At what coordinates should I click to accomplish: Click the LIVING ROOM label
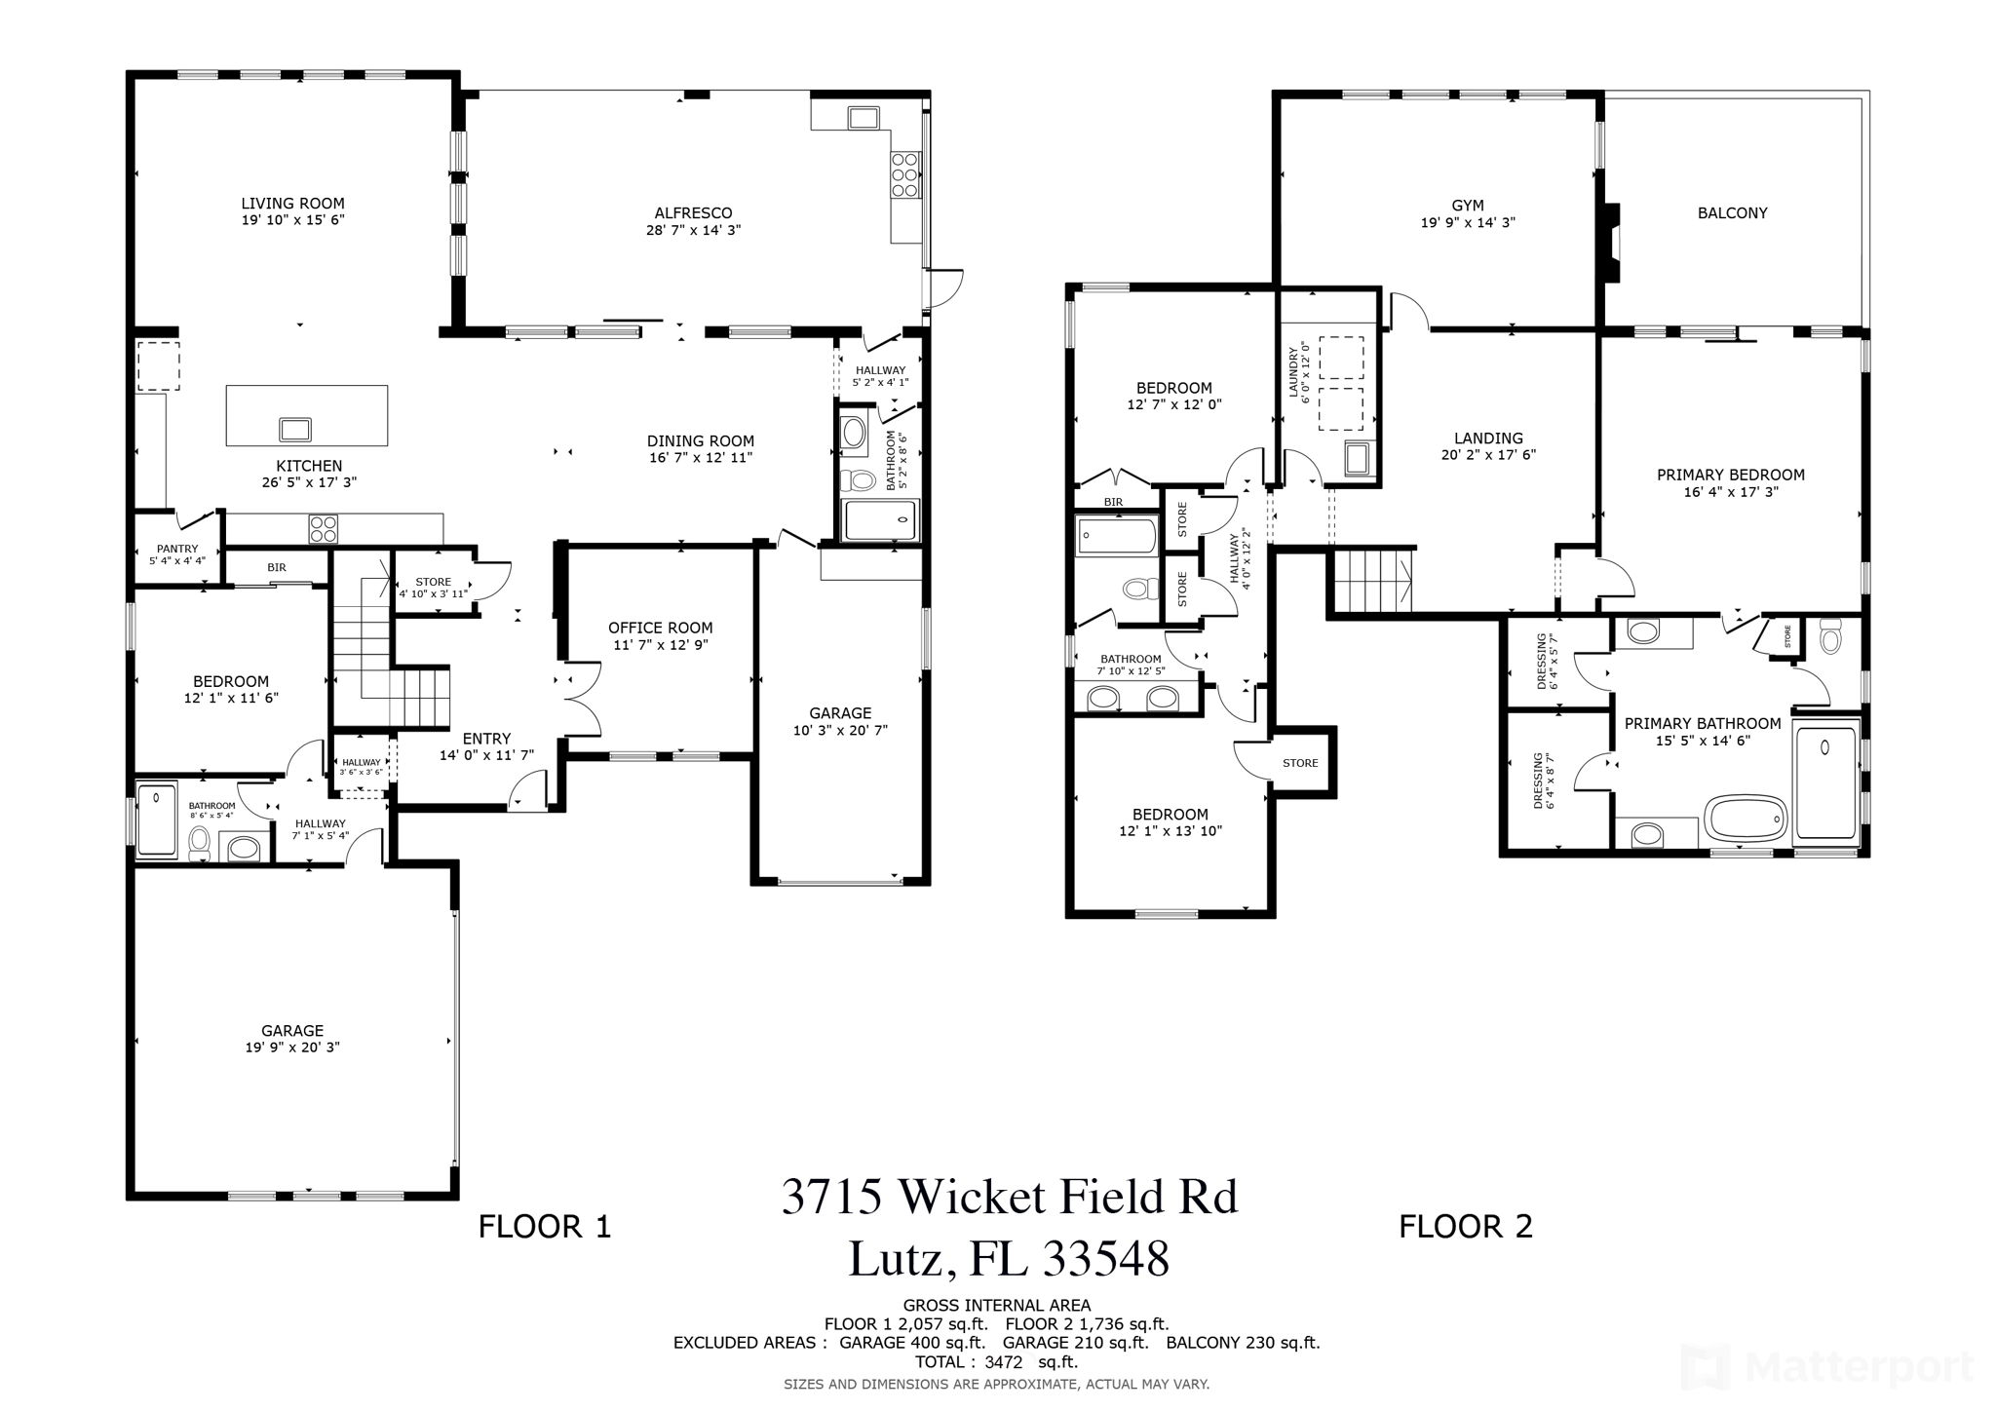[293, 204]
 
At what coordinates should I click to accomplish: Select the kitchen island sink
[295, 429]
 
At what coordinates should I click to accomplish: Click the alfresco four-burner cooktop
[904, 175]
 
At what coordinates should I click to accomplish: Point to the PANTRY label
[177, 550]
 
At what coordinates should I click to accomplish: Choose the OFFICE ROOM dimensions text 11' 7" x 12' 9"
[661, 645]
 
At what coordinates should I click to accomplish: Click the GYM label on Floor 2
[1468, 206]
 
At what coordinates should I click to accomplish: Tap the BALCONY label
[1732, 213]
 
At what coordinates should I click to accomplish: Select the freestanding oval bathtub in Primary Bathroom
[1746, 817]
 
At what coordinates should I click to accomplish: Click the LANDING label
[1488, 439]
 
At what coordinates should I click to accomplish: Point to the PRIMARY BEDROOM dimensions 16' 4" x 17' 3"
[1730, 492]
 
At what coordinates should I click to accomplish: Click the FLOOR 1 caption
[545, 1226]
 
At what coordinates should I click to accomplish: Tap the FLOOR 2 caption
[1466, 1226]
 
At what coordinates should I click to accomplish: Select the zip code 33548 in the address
[1106, 1259]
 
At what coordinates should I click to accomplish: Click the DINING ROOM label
[701, 440]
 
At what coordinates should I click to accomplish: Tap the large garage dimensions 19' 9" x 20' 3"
[292, 1048]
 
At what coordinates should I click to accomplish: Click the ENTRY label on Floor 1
[486, 739]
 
